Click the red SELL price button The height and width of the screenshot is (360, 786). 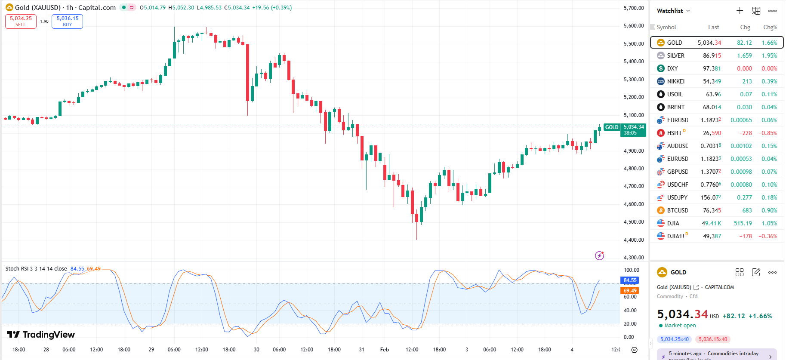point(21,21)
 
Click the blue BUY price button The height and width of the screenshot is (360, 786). point(67,21)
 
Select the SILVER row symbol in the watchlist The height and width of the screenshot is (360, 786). point(675,55)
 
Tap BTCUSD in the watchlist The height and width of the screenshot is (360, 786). point(677,210)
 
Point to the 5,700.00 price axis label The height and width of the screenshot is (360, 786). point(633,8)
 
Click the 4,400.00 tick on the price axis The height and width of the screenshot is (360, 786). point(633,240)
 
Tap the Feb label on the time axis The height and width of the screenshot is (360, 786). point(384,350)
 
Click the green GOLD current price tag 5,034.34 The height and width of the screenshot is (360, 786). point(633,127)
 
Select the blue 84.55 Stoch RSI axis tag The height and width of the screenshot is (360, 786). point(630,280)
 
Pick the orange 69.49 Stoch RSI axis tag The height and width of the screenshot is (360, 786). point(630,291)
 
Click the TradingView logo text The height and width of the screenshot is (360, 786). point(41,335)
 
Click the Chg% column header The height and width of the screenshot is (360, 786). point(770,27)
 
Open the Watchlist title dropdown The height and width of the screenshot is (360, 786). point(673,11)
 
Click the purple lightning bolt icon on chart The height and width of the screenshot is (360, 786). point(599,256)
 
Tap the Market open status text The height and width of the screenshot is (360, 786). point(680,326)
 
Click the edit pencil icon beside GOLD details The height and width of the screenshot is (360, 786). point(756,272)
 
